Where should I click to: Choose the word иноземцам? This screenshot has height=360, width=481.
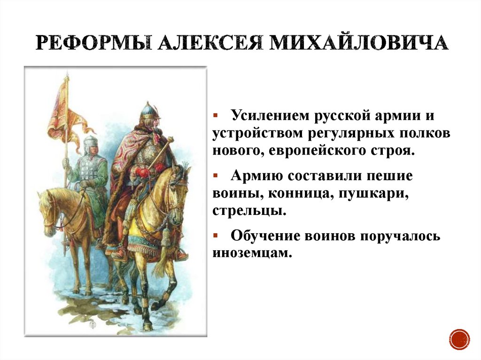[252, 253]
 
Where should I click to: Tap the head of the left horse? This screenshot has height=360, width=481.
[47, 207]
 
